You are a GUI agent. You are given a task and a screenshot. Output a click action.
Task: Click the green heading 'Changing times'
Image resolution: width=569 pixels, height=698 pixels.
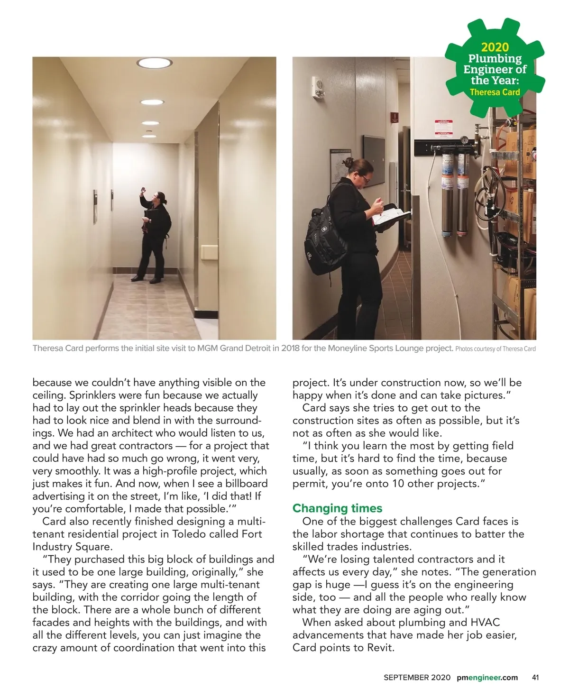[337, 508]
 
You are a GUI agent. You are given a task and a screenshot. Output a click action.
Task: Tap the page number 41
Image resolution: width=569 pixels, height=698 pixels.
[535, 678]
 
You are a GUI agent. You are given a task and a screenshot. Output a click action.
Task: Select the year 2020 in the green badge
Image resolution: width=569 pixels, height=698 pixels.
[495, 47]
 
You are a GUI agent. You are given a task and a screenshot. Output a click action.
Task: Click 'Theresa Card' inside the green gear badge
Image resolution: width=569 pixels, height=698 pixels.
[495, 92]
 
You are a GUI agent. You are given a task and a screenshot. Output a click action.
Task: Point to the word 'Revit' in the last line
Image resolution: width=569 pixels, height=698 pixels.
[380, 648]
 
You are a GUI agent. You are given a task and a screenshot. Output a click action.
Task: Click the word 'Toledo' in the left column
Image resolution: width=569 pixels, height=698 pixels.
[189, 534]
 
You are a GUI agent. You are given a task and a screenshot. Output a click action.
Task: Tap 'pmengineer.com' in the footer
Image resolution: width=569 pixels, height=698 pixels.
[487, 678]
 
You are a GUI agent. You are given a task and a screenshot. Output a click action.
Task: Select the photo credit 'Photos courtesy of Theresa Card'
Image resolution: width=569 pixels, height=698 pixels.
[495, 349]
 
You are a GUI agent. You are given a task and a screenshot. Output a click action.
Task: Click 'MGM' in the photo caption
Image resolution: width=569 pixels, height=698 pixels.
[207, 349]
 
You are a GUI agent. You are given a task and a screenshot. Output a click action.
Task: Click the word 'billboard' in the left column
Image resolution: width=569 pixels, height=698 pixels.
[247, 484]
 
